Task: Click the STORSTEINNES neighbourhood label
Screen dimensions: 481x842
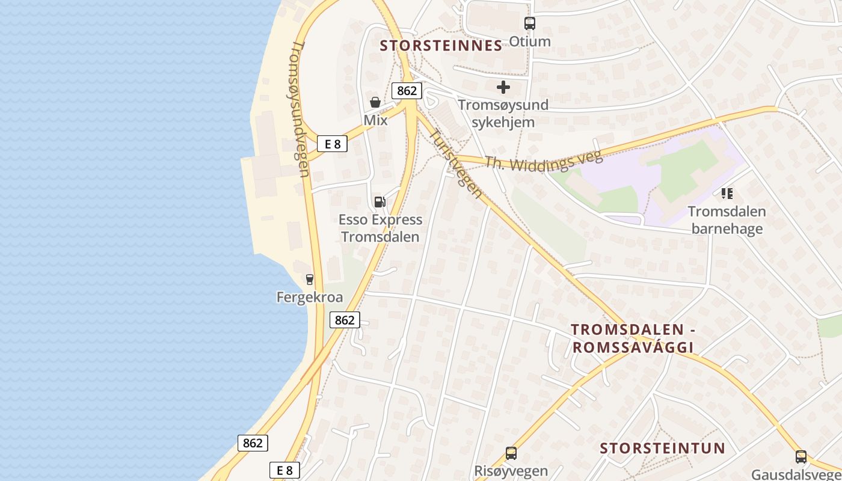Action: pos(441,46)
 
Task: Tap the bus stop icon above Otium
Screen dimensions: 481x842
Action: pos(529,23)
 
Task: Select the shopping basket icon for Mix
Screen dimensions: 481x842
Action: pos(375,102)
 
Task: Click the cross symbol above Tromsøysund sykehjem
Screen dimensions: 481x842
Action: pos(503,87)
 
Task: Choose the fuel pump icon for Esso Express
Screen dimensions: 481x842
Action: pos(380,201)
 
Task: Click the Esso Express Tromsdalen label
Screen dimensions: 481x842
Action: pos(380,228)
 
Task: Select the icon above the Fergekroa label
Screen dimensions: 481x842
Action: pos(309,279)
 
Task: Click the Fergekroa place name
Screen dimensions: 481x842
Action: pos(309,297)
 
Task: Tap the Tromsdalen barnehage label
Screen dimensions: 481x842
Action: pos(727,220)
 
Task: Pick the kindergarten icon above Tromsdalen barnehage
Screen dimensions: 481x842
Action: pos(727,194)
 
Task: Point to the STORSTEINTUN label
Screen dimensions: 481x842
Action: pos(662,448)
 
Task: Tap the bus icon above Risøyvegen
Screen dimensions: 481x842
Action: pos(511,453)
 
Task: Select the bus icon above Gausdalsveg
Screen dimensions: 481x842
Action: pos(801,456)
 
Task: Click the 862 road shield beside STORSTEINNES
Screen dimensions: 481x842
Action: pos(407,91)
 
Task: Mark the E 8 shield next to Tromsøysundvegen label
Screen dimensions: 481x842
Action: pos(332,144)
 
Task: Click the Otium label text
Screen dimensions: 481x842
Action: pos(529,41)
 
